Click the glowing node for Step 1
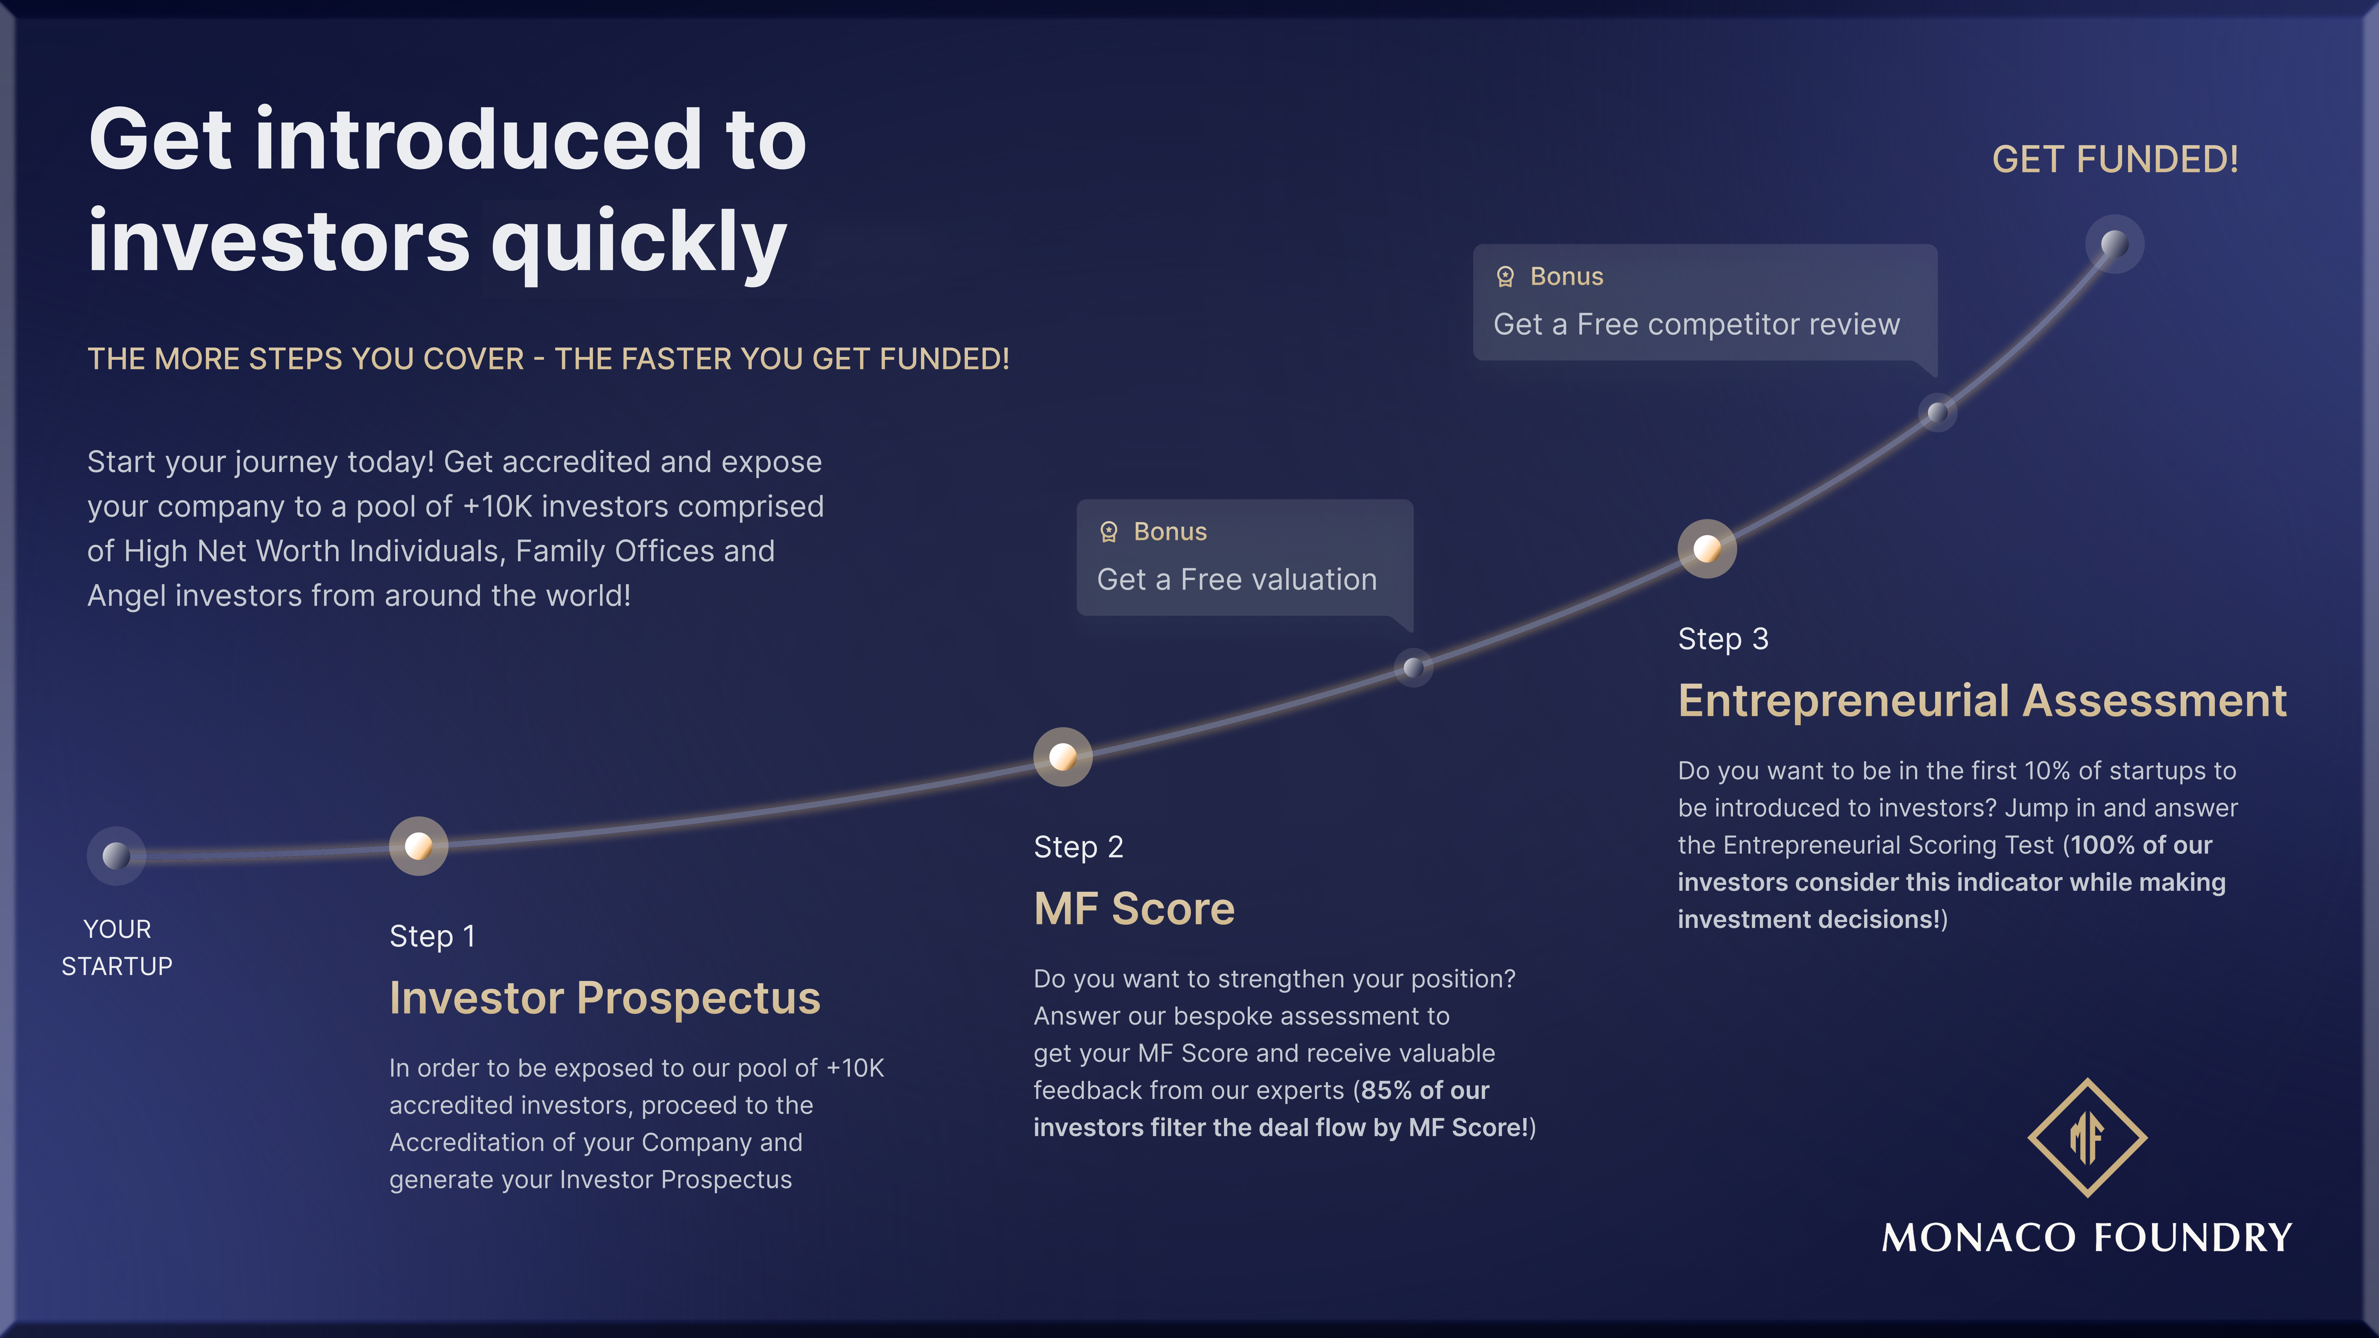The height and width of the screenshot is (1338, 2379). (x=418, y=846)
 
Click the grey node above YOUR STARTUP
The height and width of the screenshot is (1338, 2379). (x=116, y=856)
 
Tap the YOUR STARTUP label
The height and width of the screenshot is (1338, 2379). (x=117, y=947)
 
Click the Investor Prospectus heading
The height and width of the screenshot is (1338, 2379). (x=605, y=998)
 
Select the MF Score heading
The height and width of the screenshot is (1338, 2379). (x=1134, y=909)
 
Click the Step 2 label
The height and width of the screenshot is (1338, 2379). (x=1078, y=847)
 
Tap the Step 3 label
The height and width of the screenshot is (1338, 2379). (x=1722, y=639)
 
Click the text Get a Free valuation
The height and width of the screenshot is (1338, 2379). (x=1236, y=580)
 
